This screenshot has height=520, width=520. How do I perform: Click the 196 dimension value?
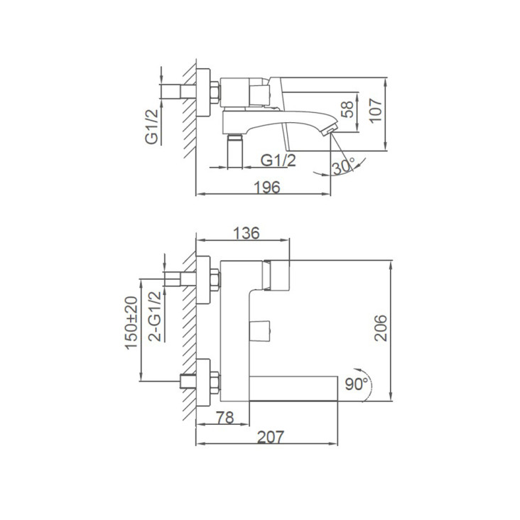(x=267, y=188)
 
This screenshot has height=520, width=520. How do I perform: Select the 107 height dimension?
(x=376, y=111)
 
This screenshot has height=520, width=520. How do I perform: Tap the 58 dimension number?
(x=347, y=110)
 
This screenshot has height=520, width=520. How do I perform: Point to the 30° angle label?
(x=344, y=166)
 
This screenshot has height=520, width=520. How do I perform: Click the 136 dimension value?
(x=247, y=233)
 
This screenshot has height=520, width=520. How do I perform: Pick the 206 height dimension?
(x=381, y=327)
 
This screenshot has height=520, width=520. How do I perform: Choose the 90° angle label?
(x=357, y=384)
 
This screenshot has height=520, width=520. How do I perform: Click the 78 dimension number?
(x=225, y=418)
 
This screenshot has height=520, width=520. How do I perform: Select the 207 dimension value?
(x=271, y=437)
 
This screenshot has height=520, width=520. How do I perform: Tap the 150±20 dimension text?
(x=131, y=323)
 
